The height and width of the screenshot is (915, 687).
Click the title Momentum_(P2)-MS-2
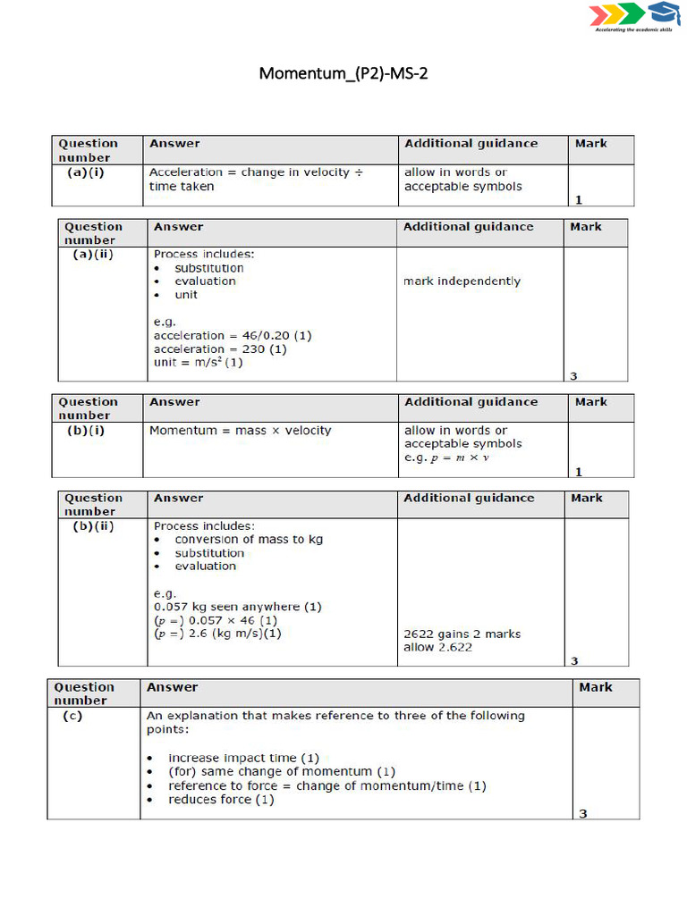[343, 73]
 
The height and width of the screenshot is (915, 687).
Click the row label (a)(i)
[86, 172]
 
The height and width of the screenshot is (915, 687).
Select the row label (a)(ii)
[93, 254]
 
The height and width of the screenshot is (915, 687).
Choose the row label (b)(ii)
[93, 525]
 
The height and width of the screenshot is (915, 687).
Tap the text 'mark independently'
[462, 281]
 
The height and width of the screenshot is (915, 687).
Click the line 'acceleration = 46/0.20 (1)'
[233, 335]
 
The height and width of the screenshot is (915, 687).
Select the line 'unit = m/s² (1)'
[198, 362]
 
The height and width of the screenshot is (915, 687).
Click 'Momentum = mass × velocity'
[240, 430]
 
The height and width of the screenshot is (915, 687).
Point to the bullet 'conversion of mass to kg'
[249, 539]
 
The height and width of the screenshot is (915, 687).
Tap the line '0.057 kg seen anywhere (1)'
[238, 607]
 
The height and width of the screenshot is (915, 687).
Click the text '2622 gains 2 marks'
[462, 634]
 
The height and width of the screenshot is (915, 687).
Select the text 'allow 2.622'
[437, 647]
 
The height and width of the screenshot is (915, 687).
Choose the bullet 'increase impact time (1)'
[243, 758]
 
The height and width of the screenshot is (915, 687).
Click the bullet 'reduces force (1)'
[221, 799]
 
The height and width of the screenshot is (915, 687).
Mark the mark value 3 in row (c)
[583, 813]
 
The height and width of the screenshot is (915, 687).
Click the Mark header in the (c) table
[596, 687]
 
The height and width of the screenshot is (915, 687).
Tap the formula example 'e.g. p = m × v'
[447, 457]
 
